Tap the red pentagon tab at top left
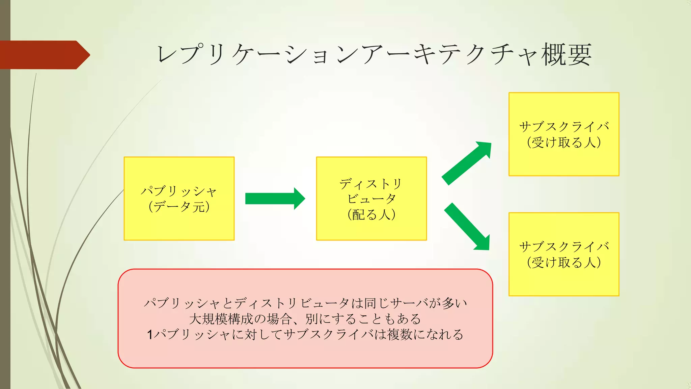click(44, 55)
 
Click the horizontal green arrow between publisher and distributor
click(270, 199)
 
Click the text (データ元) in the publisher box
click(179, 207)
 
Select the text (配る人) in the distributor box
click(371, 214)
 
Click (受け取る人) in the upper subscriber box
click(564, 142)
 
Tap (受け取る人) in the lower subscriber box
click(564, 262)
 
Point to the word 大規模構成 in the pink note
click(221, 319)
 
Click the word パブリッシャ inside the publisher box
click(179, 191)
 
